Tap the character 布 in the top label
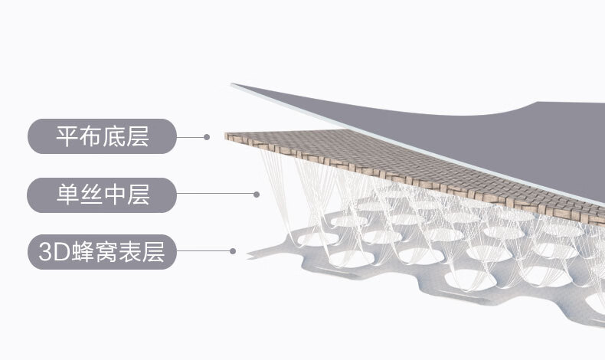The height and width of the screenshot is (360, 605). point(91,137)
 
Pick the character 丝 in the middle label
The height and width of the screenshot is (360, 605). point(91,195)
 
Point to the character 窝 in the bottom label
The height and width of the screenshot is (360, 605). point(106,250)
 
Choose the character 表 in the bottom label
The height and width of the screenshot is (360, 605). point(130,250)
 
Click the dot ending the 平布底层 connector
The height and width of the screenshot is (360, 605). point(207,137)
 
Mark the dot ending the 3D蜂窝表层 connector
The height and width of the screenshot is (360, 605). point(232,250)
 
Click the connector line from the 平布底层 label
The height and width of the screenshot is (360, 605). point(191,137)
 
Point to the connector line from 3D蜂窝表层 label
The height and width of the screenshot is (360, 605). point(204,250)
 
